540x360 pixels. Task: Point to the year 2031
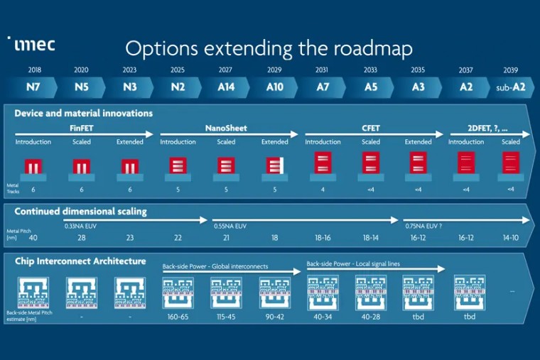click(323, 70)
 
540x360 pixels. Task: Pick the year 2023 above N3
click(129, 70)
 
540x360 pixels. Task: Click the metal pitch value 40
click(33, 239)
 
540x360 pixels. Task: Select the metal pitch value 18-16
click(322, 239)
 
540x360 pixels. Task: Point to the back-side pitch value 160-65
click(178, 316)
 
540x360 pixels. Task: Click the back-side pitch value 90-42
click(274, 316)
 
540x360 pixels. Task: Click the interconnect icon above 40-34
click(322, 292)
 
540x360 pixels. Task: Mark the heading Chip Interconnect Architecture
click(80, 261)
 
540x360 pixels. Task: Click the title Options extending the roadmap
click(269, 48)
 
